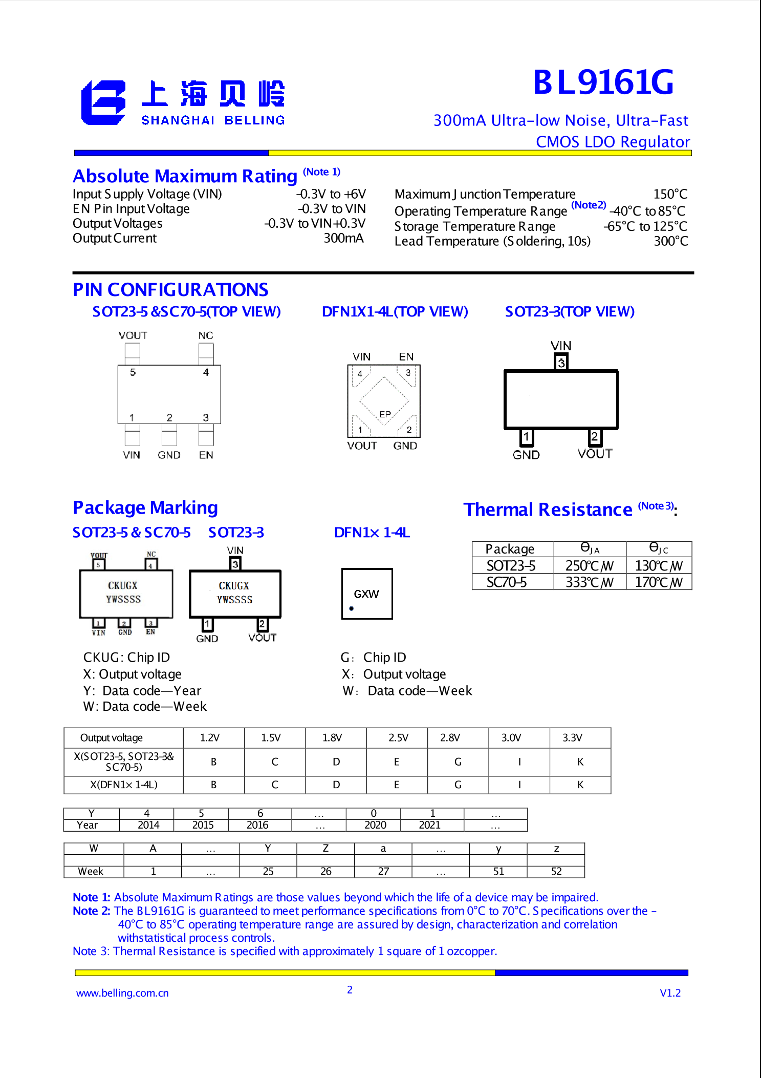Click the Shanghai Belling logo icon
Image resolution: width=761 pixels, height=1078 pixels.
[x=103, y=102]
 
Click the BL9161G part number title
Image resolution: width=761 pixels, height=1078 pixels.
[x=603, y=82]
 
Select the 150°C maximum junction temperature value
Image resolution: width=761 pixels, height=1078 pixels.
[x=670, y=194]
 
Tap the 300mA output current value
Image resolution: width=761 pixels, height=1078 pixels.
[x=343, y=238]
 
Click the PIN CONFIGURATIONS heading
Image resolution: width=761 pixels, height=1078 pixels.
[x=170, y=290]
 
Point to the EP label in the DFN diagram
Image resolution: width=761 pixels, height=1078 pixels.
[x=385, y=414]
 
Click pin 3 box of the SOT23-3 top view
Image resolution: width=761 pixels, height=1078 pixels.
[x=561, y=363]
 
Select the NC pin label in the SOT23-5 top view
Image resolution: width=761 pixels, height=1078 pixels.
[x=206, y=335]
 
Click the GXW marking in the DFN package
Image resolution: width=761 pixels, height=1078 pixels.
[x=366, y=594]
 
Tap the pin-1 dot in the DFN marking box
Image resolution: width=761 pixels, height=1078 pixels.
[x=352, y=608]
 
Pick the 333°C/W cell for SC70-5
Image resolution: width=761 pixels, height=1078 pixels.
[x=589, y=582]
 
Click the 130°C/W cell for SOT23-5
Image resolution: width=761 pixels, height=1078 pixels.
[x=659, y=566]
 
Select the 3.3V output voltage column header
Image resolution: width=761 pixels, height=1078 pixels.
[x=572, y=737]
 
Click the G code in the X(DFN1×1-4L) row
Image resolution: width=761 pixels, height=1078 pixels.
[x=458, y=785]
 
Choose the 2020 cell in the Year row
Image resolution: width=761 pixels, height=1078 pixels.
[x=375, y=825]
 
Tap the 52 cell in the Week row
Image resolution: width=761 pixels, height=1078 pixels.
[x=556, y=871]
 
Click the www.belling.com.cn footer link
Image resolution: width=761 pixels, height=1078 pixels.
[x=122, y=993]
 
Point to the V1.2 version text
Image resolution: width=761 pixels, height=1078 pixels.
[x=670, y=993]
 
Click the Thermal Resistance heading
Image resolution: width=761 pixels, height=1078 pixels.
[x=548, y=510]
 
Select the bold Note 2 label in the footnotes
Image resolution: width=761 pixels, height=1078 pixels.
[x=92, y=911]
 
